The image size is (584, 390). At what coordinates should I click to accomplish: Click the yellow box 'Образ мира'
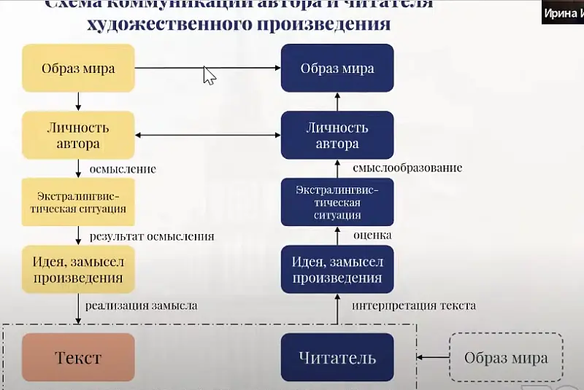point(78,69)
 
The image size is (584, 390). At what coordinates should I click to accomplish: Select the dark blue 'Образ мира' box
point(337,69)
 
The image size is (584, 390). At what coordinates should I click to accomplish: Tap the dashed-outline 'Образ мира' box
point(505,358)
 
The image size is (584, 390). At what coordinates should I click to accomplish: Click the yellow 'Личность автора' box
point(78,135)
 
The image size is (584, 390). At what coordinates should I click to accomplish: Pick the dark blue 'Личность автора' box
point(337,135)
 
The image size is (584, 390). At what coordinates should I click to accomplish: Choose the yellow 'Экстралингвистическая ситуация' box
point(78,201)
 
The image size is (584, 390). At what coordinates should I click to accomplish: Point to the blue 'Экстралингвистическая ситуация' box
point(337,201)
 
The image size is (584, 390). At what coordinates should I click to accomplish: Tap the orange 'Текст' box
point(78,358)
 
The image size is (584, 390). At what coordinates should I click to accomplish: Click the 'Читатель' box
point(337,358)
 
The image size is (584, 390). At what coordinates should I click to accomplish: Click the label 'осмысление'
point(123,169)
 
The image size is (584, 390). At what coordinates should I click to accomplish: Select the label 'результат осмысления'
point(152,236)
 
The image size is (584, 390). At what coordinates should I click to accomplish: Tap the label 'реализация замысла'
point(142,305)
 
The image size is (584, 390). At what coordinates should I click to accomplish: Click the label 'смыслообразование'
point(407,168)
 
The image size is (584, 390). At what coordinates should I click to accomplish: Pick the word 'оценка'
point(372,235)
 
